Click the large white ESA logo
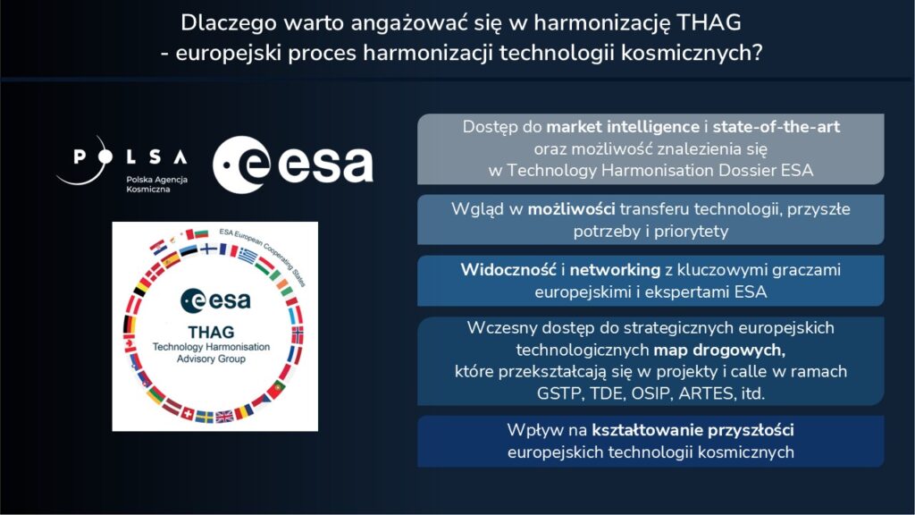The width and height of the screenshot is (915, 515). pyautogui.click(x=293, y=165)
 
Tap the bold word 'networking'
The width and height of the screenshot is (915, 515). pyautogui.click(x=609, y=269)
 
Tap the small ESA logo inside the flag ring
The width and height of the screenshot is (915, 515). pyautogui.click(x=214, y=300)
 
